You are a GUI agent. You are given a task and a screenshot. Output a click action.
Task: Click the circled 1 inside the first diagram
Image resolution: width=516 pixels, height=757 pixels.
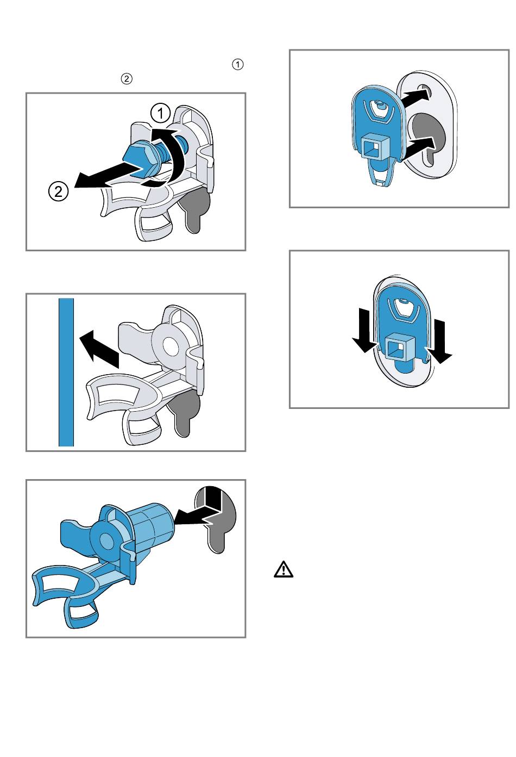click(161, 113)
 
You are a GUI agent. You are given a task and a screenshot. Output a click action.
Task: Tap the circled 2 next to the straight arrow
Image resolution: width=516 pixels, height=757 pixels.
click(58, 191)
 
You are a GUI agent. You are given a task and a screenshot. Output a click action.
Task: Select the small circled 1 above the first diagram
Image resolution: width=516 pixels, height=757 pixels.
click(237, 64)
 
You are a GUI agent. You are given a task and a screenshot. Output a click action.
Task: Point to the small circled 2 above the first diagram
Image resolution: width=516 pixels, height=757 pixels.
click(127, 79)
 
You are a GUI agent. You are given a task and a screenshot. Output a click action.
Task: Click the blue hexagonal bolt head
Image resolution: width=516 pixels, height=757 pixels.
click(139, 159)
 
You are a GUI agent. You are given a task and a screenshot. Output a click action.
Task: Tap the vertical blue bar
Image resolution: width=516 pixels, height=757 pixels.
click(66, 372)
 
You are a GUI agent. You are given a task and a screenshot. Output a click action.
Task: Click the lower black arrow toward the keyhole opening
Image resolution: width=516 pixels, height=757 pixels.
click(418, 147)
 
